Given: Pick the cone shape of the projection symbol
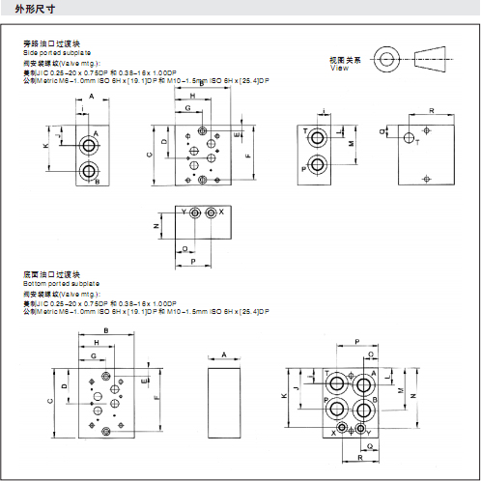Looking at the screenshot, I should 438,58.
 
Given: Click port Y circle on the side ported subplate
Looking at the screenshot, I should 196,212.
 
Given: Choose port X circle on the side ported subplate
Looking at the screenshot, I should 212,212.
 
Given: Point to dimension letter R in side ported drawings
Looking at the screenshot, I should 430,112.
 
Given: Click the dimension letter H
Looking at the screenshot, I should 192,98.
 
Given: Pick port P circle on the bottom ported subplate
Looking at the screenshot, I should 362,410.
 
